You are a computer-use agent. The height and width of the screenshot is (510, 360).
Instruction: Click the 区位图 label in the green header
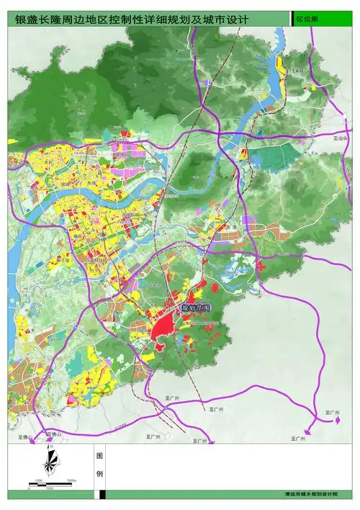[309, 20]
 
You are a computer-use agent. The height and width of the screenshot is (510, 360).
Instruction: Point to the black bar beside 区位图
[291, 19]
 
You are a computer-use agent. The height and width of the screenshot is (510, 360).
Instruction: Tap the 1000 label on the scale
[38, 478]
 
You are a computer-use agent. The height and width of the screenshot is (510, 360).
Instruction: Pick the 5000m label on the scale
[71, 478]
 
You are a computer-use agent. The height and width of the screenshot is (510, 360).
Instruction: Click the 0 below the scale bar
[30, 489]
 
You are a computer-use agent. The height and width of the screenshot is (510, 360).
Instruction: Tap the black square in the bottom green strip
[103, 494]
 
